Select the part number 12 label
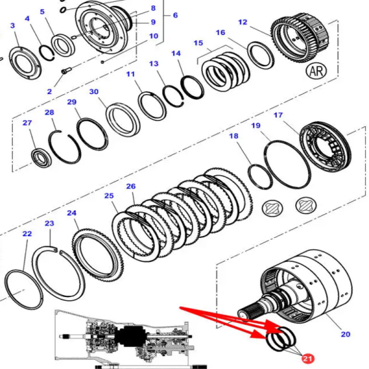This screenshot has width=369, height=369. coord(242,23)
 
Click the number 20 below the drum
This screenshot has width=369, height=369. coord(345,334)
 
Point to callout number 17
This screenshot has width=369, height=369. coord(278,116)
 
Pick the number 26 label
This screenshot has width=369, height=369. coord(130,186)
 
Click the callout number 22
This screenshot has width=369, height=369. coord(26,234)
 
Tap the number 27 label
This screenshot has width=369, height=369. coord(27,123)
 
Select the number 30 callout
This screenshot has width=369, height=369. coord(93,92)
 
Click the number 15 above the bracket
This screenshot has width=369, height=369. coord(198,43)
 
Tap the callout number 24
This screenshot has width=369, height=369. coord(72,213)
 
